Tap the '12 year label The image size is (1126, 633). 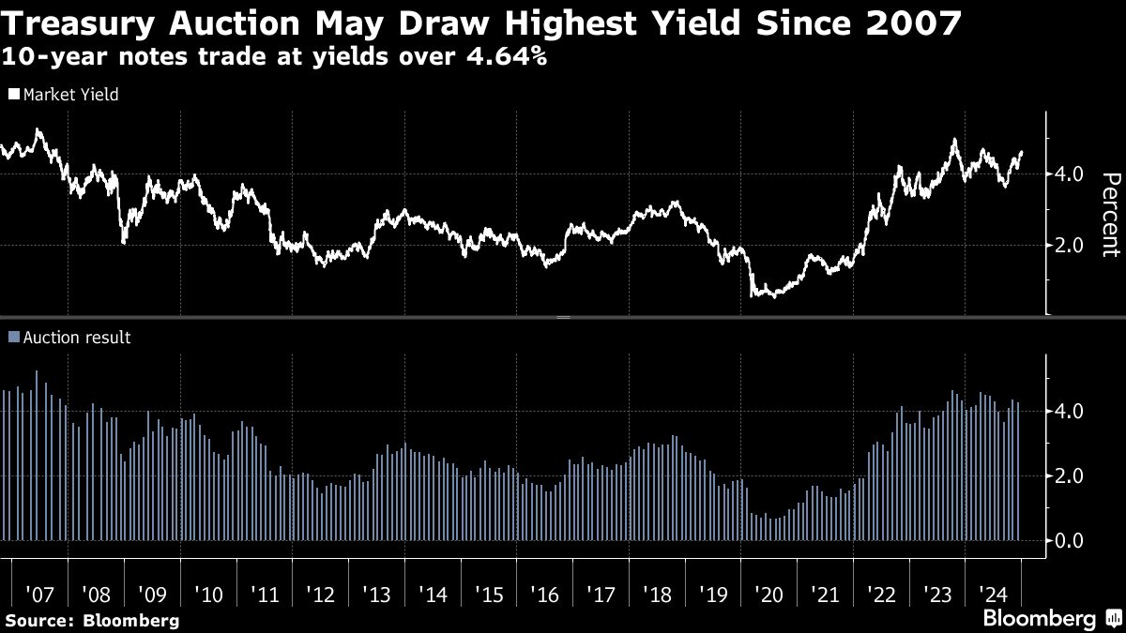click(320, 594)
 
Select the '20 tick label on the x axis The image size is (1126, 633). click(768, 594)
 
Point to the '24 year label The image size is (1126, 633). click(993, 594)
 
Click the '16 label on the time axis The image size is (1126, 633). click(544, 594)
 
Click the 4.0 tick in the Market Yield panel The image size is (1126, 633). click(1070, 173)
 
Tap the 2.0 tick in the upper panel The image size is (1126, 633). click(1070, 245)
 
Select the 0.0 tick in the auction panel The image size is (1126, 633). click(1070, 540)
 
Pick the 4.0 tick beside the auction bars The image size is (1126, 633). click(1070, 411)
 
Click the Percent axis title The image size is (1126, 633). click(1110, 214)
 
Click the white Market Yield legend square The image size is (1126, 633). click(13, 95)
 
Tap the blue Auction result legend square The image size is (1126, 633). click(13, 338)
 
